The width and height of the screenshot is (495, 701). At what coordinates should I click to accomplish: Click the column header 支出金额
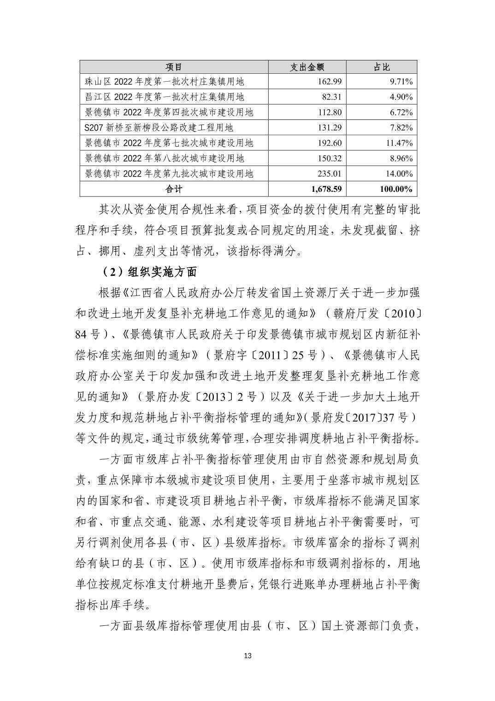click(x=307, y=67)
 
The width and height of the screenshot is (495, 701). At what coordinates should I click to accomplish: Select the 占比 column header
click(x=382, y=67)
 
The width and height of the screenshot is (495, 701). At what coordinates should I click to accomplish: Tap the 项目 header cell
click(x=174, y=67)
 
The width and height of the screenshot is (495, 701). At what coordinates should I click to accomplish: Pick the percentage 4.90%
click(x=401, y=97)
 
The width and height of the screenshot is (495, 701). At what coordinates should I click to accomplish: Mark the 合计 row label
click(x=174, y=189)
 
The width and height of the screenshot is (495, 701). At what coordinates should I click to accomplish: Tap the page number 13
click(x=247, y=656)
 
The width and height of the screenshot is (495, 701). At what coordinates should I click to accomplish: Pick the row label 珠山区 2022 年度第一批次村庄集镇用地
click(x=165, y=82)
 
